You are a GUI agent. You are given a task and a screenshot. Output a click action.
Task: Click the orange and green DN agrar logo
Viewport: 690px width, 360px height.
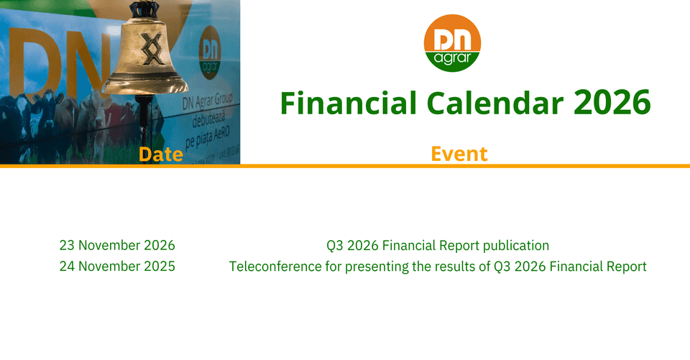452,42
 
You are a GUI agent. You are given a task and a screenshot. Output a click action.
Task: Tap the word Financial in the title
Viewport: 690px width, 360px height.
349,103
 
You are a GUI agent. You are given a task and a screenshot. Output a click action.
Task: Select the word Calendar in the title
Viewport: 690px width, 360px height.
495,103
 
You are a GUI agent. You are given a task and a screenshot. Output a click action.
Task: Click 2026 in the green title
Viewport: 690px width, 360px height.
612,103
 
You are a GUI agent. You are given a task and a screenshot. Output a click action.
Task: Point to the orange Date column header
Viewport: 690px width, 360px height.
160,154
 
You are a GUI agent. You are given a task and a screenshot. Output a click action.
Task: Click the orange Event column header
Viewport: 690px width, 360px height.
459,154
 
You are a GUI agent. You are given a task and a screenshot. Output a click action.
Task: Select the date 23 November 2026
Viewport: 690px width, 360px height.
117,245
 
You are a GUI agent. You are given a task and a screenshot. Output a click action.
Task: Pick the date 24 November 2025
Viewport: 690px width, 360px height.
117,267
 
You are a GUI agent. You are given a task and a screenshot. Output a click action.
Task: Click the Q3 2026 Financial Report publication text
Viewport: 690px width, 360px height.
438,246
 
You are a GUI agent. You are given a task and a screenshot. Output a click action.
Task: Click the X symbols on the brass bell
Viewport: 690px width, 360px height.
152,48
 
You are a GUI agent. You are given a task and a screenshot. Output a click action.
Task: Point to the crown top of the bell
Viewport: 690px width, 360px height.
144,9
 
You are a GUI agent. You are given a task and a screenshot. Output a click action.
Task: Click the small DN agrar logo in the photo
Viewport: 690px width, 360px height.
209,52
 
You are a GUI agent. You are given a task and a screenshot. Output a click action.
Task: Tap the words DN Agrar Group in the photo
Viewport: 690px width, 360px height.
207,102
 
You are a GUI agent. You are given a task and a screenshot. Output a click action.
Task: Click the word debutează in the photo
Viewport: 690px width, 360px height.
208,119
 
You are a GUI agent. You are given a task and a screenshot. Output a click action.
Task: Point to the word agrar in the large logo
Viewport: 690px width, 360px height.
452,58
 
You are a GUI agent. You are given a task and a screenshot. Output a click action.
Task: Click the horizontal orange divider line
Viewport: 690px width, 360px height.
345,166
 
